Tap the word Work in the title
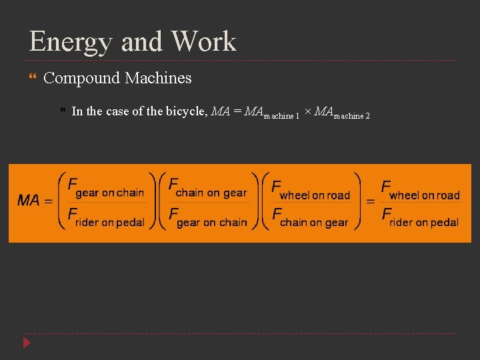coord(203,41)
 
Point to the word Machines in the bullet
coord(158,78)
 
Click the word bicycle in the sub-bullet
coord(177,111)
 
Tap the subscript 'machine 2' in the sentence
coord(351,115)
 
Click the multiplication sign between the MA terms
coord(307,111)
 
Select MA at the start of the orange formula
coord(29,200)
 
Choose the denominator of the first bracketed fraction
coord(107,217)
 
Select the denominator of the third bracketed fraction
coord(311,217)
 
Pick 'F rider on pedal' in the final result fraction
coord(421,217)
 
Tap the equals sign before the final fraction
coord(371,201)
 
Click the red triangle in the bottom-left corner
coord(27,343)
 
